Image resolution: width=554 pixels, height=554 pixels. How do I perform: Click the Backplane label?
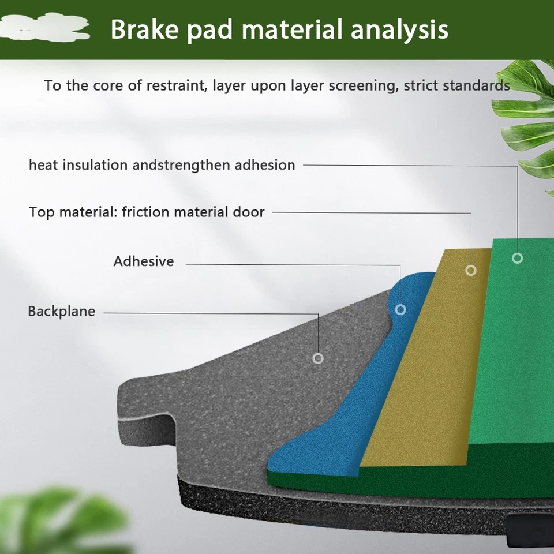click(x=61, y=312)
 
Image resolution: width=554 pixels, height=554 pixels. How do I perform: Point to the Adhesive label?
click(x=143, y=261)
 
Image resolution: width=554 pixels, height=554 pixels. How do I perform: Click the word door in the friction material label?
click(x=249, y=212)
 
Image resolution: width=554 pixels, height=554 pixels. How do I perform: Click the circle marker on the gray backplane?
click(x=317, y=358)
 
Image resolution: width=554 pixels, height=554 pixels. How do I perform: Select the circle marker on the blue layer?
click(x=400, y=310)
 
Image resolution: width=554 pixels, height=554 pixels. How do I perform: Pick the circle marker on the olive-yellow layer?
click(x=471, y=270)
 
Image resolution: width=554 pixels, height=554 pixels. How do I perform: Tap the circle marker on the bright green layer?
click(x=517, y=258)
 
